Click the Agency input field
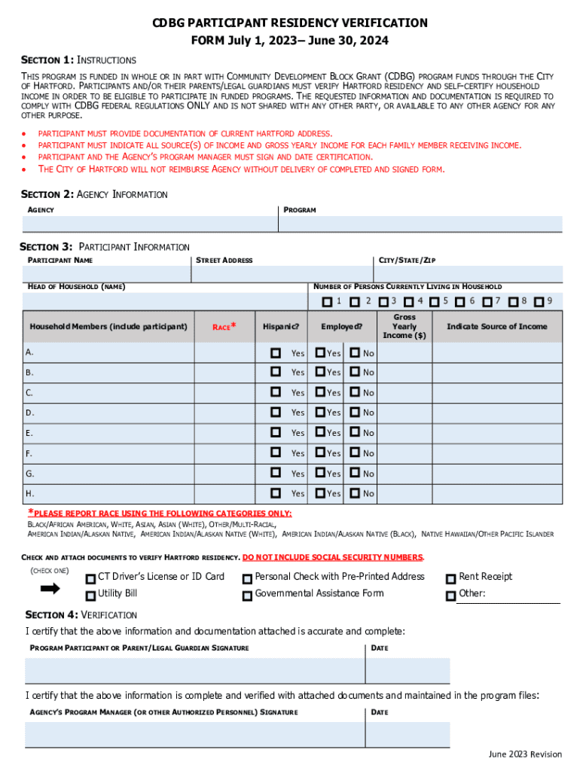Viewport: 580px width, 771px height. (x=151, y=224)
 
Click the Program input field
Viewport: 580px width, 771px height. (x=422, y=224)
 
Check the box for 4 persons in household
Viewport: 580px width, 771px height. (x=408, y=302)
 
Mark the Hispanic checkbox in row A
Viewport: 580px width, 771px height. (x=276, y=352)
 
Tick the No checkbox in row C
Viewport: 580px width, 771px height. (x=355, y=392)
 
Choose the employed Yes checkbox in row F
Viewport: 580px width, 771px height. (x=321, y=453)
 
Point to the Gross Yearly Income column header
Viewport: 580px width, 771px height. (x=404, y=327)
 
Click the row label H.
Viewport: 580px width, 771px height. (x=29, y=494)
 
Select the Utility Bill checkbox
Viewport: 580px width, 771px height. (x=90, y=596)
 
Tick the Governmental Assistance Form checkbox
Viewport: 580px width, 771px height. (x=247, y=596)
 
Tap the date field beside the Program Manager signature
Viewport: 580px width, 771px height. (x=408, y=734)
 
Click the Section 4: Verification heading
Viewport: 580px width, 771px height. (x=81, y=614)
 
